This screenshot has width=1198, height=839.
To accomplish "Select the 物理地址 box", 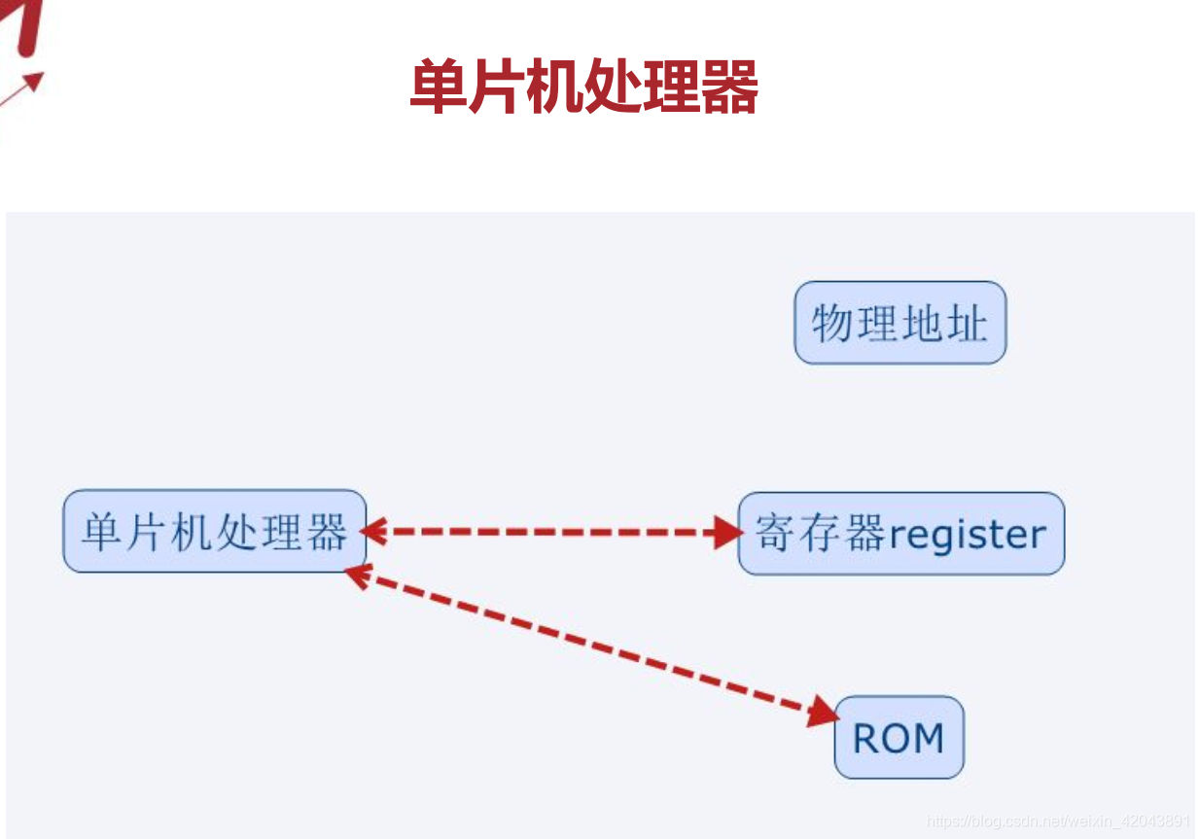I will (899, 323).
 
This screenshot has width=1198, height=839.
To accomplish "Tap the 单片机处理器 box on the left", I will (214, 531).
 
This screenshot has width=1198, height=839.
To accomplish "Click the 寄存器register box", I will (900, 534).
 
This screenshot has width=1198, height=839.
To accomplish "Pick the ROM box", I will (898, 737).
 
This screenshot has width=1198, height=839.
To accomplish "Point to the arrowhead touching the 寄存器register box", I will (727, 532).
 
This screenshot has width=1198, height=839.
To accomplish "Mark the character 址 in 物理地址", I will (968, 323).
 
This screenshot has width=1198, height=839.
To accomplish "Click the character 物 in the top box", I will (832, 323).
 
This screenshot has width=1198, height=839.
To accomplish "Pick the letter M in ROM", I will (928, 739).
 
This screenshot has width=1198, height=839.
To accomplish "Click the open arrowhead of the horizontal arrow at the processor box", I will (372, 532).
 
